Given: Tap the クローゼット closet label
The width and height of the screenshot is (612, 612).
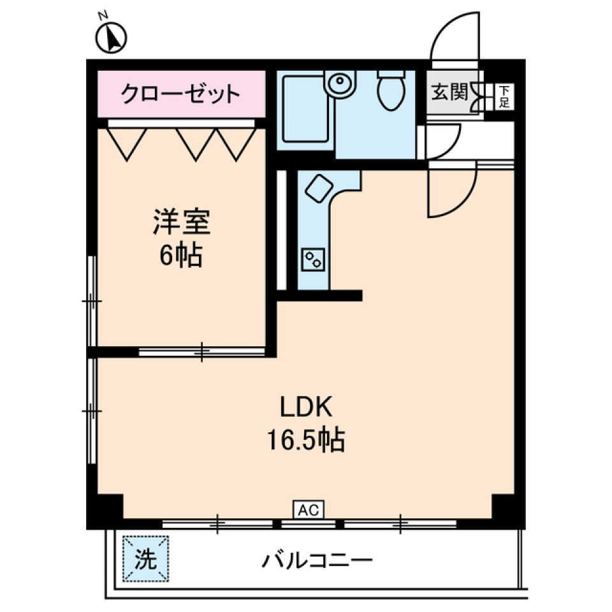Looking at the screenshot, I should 181,95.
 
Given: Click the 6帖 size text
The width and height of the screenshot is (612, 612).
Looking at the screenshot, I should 180,256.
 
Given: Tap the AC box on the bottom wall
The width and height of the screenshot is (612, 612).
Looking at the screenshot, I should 309,509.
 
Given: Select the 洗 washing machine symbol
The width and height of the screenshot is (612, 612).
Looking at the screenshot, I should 147,559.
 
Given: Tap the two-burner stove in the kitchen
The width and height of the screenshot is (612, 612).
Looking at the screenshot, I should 314,259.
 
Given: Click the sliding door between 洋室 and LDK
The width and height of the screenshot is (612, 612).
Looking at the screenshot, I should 202,351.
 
